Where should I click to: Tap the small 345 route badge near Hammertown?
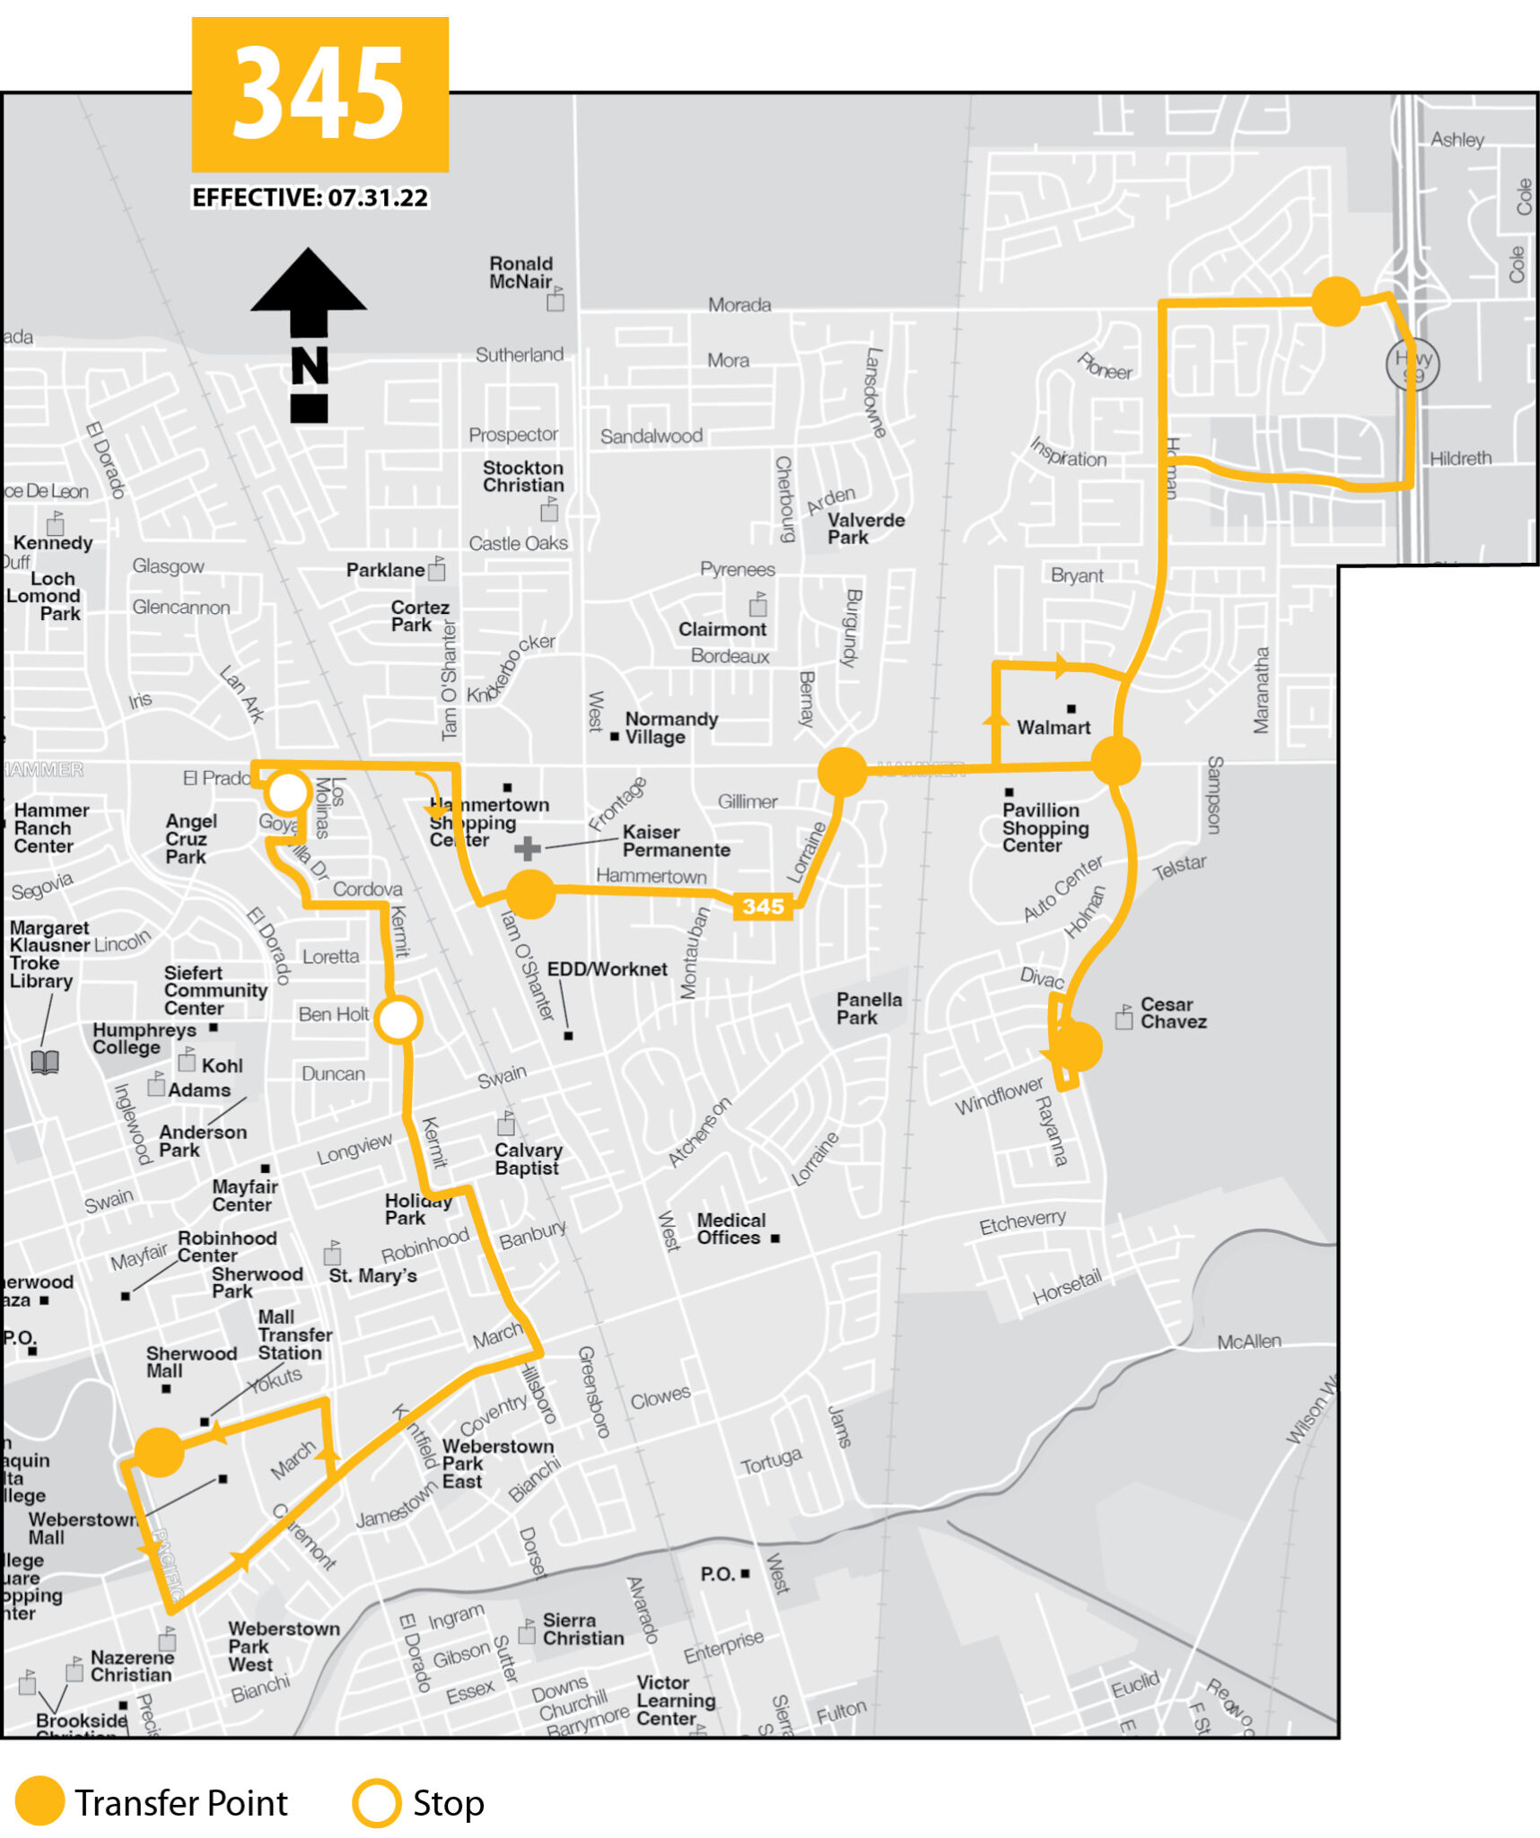pos(763,906)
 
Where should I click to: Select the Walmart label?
pos(1053,727)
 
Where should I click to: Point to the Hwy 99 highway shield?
pos(1413,364)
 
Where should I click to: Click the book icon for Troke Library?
pos(45,1062)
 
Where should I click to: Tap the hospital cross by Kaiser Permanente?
pos(528,848)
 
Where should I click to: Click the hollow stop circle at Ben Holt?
pos(398,1020)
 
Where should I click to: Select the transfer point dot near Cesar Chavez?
pos(1076,1046)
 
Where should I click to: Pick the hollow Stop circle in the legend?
pos(376,1802)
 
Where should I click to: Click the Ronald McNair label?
pos(521,273)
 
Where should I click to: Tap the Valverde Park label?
pos(865,529)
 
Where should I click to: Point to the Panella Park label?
pos(868,1008)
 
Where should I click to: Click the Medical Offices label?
pos(731,1229)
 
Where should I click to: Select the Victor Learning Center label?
pos(675,1700)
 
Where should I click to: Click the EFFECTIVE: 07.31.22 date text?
pos(310,197)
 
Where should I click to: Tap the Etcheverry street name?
pos(1022,1221)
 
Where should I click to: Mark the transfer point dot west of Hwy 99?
pos(1335,302)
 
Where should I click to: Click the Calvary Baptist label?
pos(528,1159)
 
